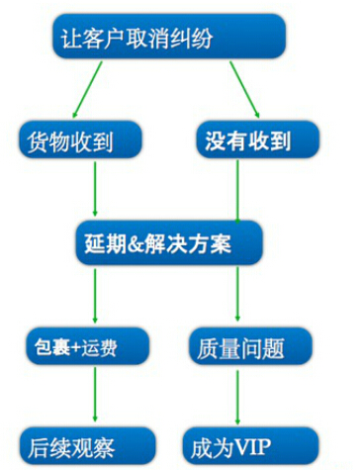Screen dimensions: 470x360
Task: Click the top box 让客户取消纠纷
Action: pos(167,40)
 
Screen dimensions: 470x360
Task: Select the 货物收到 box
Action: pos(79,141)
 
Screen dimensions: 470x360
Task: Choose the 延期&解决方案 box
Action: pos(167,241)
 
